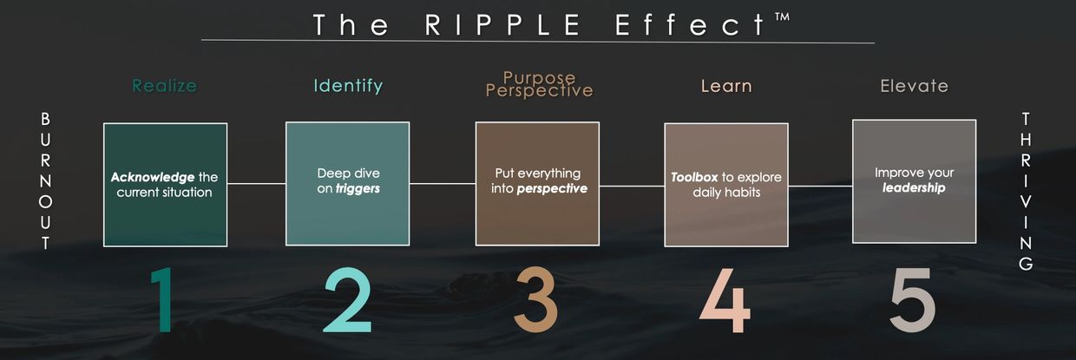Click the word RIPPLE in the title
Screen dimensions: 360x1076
pyautogui.click(x=504, y=24)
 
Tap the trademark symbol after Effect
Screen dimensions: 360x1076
pyautogui.click(x=781, y=17)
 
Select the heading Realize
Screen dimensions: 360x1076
pyautogui.click(x=164, y=86)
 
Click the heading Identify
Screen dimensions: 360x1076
pyautogui.click(x=348, y=86)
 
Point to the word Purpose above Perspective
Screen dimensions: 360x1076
pyautogui.click(x=539, y=78)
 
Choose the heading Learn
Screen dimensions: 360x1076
pyautogui.click(x=726, y=86)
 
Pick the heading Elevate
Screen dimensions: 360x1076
pyautogui.click(x=914, y=86)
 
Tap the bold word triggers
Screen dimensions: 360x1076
pyautogui.click(x=358, y=188)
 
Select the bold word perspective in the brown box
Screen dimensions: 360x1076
pyautogui.click(x=552, y=188)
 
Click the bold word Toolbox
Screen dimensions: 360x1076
pyautogui.click(x=694, y=177)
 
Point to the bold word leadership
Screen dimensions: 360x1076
pyautogui.click(x=914, y=187)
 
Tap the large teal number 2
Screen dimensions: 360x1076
pyautogui.click(x=347, y=300)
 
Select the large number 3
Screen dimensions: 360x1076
pyautogui.click(x=535, y=300)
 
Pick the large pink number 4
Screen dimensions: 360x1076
pyautogui.click(x=725, y=300)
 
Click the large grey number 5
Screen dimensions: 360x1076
pyautogui.click(x=912, y=300)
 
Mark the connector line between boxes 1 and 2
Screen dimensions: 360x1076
pyautogui.click(x=256, y=184)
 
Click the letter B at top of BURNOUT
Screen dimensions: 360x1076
pyautogui.click(x=46, y=118)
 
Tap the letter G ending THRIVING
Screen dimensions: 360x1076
pyautogui.click(x=1027, y=265)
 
